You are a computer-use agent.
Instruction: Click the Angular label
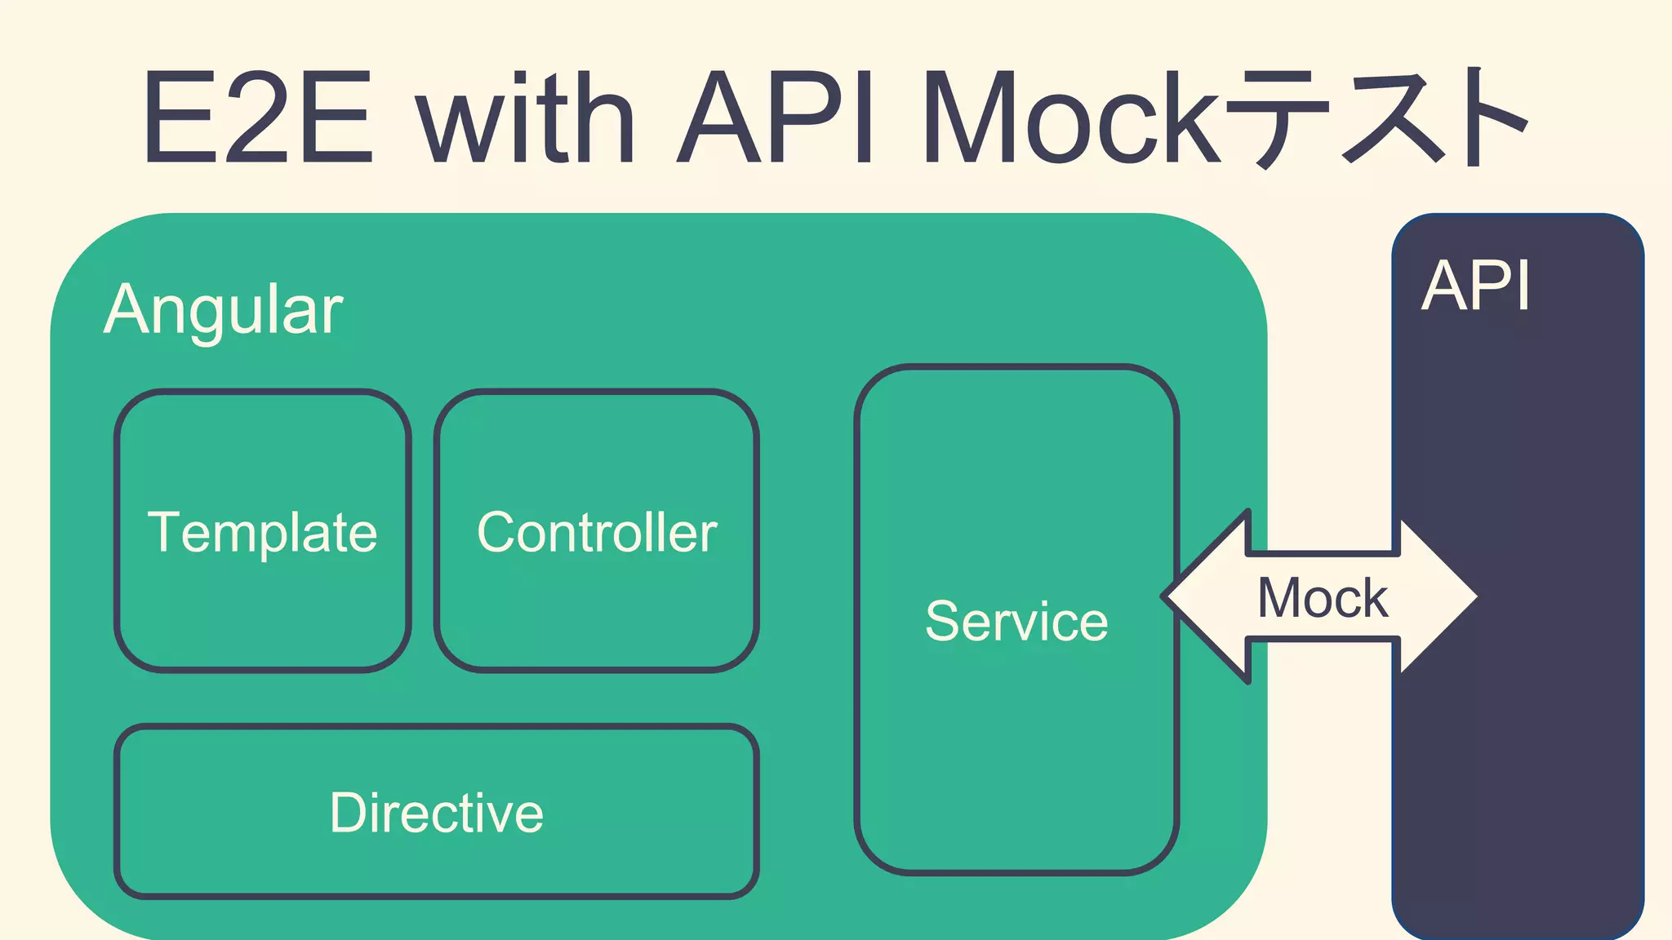coord(223,310)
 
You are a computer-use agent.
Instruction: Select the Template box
coord(262,531)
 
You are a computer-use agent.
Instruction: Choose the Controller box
coord(597,531)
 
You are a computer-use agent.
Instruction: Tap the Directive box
coord(437,812)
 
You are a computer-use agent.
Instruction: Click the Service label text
coord(1016,621)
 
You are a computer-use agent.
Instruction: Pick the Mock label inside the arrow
coord(1322,598)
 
